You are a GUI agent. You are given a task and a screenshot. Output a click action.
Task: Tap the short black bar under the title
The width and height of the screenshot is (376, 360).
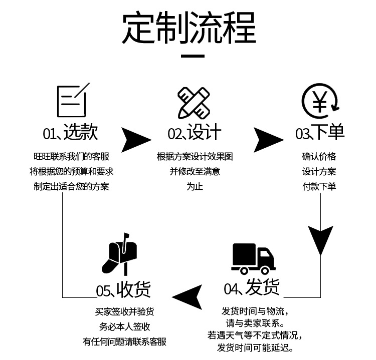click(193, 57)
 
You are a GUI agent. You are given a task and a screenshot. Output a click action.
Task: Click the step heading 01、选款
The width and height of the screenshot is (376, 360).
click(70, 133)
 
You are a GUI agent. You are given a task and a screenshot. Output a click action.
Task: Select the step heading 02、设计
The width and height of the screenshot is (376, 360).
click(194, 133)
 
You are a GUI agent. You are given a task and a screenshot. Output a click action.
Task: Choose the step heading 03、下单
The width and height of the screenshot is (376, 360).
click(319, 133)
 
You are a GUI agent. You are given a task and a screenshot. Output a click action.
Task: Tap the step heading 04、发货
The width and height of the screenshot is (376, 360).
click(252, 288)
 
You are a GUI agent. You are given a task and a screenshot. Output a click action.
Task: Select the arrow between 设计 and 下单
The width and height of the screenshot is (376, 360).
click(267, 140)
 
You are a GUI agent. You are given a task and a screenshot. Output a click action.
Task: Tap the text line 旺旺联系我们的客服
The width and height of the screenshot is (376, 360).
click(71, 156)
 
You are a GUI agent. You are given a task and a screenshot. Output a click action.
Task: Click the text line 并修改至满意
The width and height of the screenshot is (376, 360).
click(195, 171)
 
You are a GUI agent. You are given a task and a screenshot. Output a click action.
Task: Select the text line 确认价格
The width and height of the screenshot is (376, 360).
click(319, 156)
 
